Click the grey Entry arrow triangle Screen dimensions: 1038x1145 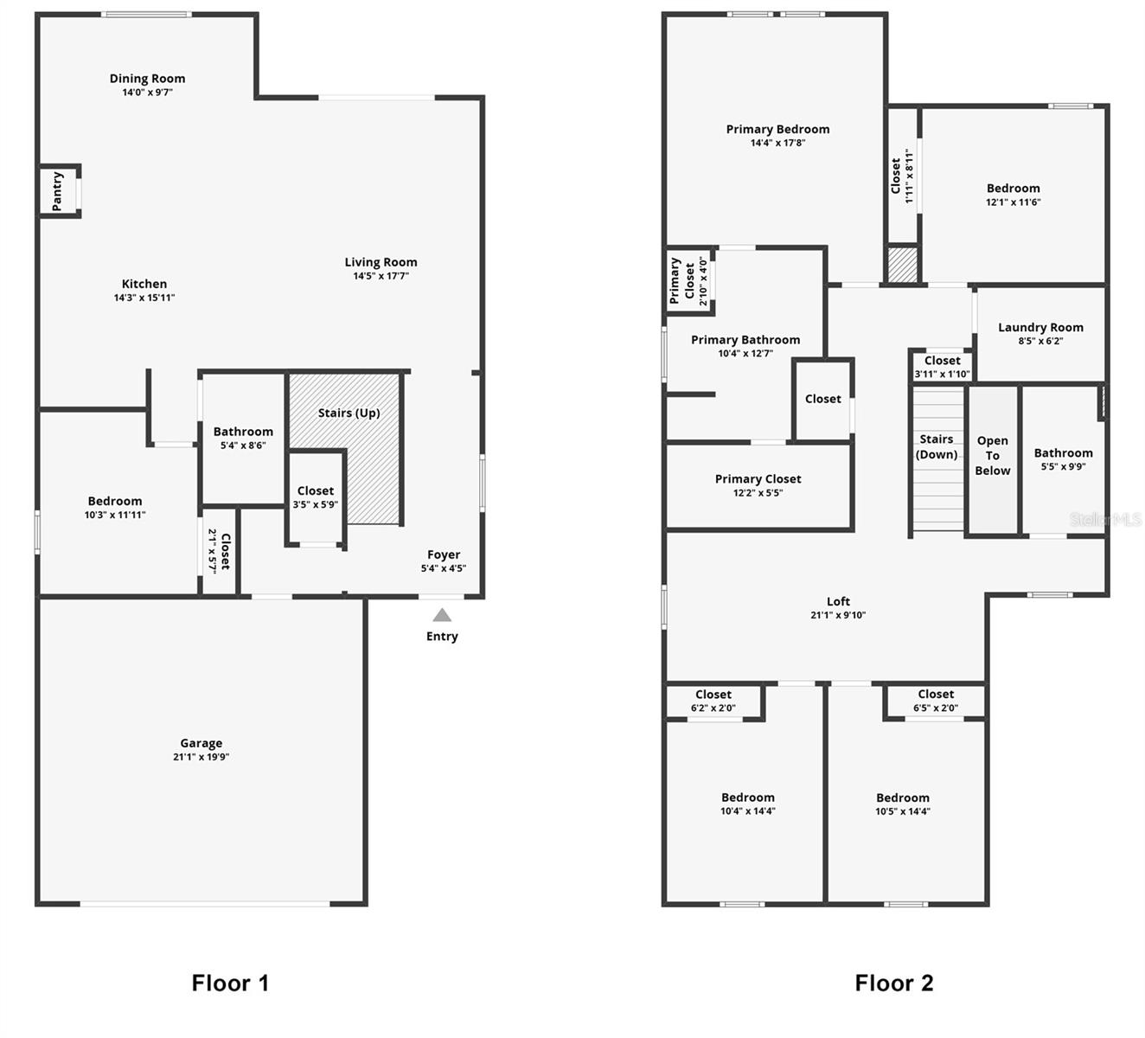pyautogui.click(x=442, y=615)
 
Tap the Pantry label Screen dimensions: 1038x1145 pyautogui.click(x=57, y=191)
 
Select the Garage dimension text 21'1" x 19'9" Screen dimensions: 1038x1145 pyautogui.click(x=201, y=757)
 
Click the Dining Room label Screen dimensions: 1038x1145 pyautogui.click(x=147, y=78)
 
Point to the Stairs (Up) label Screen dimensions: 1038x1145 pyautogui.click(x=349, y=413)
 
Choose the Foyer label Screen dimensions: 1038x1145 pyautogui.click(x=444, y=554)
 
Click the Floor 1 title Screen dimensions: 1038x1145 pyautogui.click(x=230, y=983)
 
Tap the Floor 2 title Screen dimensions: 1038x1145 pyautogui.click(x=893, y=983)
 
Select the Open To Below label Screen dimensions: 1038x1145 pyautogui.click(x=992, y=456)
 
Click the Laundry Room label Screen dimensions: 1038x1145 pyautogui.click(x=1040, y=327)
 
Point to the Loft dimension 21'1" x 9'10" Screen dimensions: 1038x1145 pyautogui.click(x=838, y=615)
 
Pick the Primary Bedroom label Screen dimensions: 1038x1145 pyautogui.click(x=777, y=129)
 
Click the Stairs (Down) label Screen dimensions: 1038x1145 pyautogui.click(x=937, y=446)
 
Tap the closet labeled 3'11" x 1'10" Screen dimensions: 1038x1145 pyautogui.click(x=942, y=367)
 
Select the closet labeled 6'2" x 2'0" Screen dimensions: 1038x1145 pyautogui.click(x=713, y=701)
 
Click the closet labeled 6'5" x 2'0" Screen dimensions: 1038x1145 pyautogui.click(x=936, y=701)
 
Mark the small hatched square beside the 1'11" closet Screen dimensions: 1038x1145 pyautogui.click(x=902, y=265)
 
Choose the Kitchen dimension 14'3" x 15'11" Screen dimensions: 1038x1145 pyautogui.click(x=144, y=298)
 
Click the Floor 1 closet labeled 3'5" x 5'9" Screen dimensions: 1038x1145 pyautogui.click(x=316, y=497)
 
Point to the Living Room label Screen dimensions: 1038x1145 pyautogui.click(x=381, y=262)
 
